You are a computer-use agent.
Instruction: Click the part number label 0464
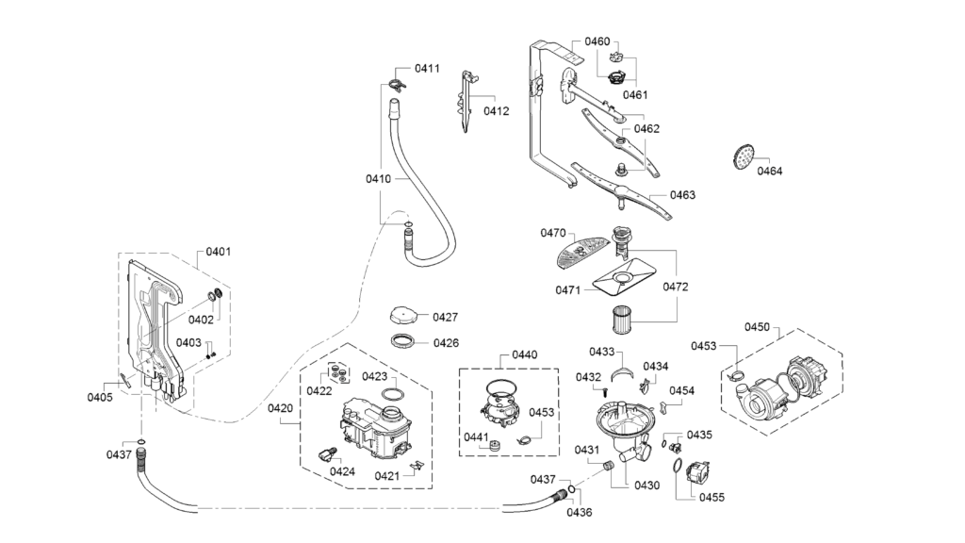pos(769,172)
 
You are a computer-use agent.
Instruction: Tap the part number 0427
pos(445,317)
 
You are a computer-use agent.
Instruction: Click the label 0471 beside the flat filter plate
pos(568,290)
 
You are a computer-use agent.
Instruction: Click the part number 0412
pos(496,111)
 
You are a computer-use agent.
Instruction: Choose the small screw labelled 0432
pos(604,389)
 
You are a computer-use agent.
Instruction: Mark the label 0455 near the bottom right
pos(711,498)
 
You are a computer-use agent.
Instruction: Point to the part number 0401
pos(219,251)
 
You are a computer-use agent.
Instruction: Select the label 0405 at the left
pos(100,397)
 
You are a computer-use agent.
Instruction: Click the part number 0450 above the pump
pos(757,327)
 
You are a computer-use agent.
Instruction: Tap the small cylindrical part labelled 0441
pos(494,445)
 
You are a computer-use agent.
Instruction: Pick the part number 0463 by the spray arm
pos(682,195)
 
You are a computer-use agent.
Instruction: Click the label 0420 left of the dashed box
pos(280,408)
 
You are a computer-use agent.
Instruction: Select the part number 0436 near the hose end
pos(580,512)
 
